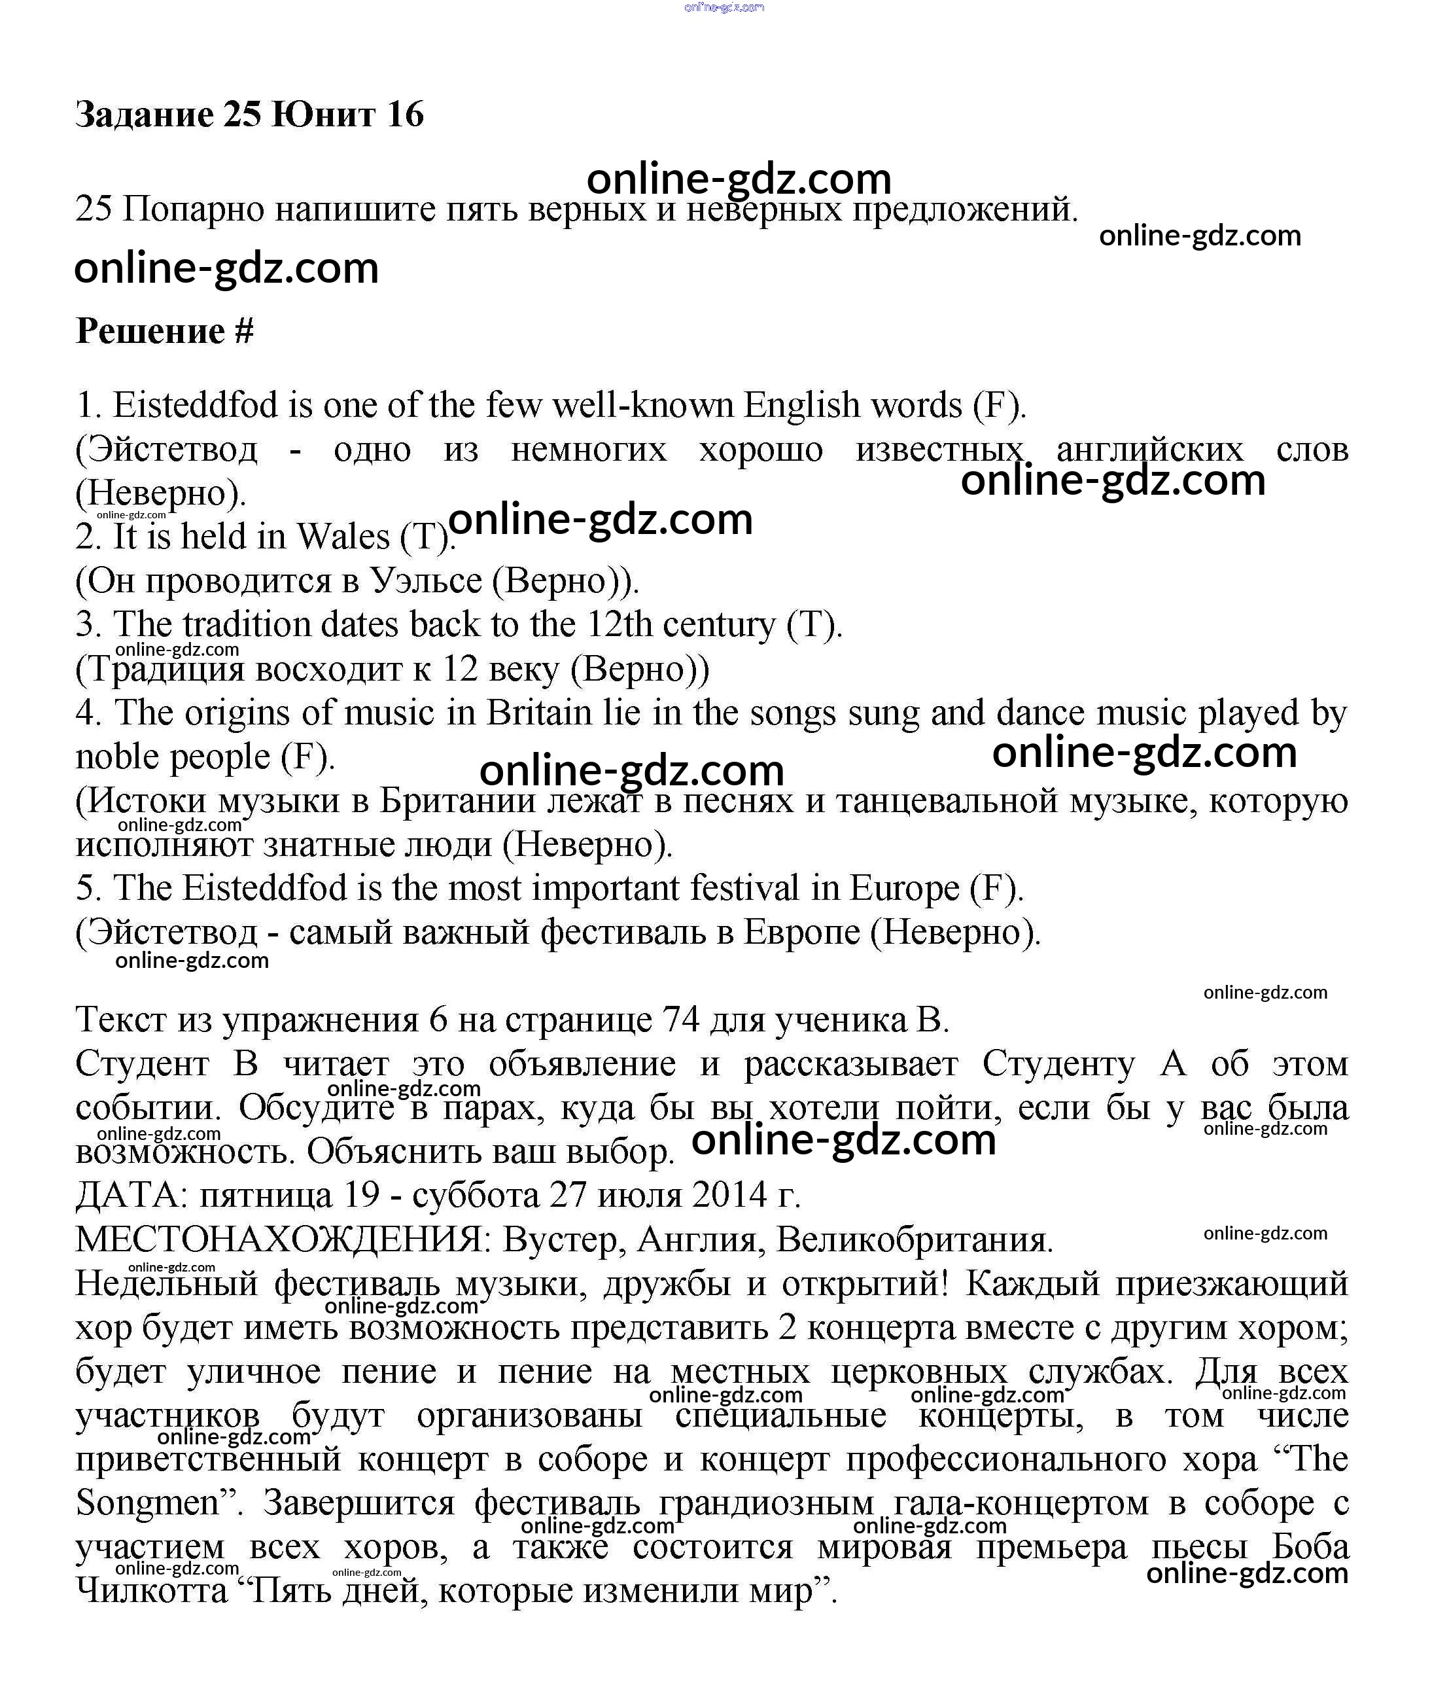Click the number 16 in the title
click(x=405, y=115)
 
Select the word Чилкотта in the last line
click(x=152, y=1590)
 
